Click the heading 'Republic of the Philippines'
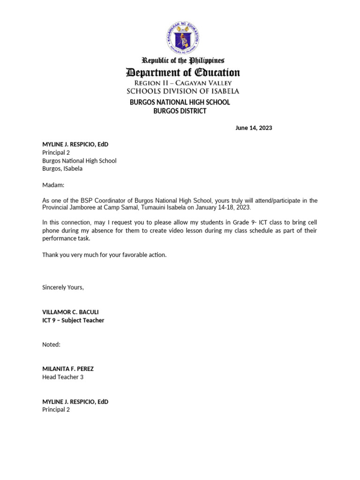(183, 60)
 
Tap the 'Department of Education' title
(183, 73)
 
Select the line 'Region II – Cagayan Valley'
(183, 83)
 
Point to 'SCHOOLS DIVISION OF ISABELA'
(183, 91)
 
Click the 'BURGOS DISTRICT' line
(180, 111)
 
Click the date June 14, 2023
(254, 128)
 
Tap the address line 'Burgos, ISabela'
(62, 169)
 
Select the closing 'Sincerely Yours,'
(63, 287)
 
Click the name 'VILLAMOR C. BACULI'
(70, 312)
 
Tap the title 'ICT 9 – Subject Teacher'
(73, 321)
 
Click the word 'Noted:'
(51, 345)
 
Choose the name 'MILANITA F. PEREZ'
(68, 369)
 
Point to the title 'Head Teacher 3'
(63, 377)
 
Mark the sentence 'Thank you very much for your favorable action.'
(104, 255)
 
